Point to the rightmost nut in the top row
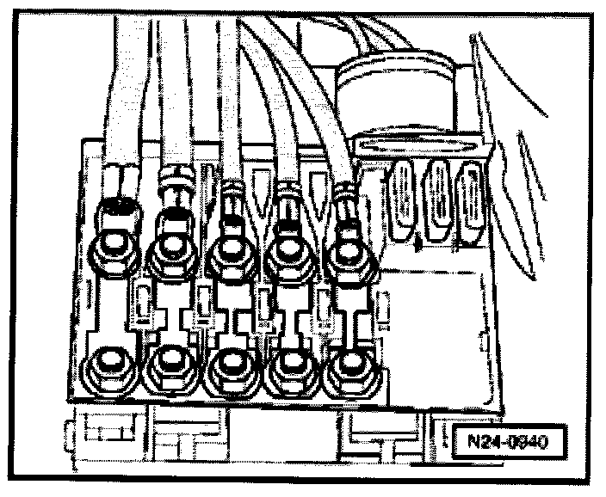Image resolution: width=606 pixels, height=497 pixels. (x=347, y=252)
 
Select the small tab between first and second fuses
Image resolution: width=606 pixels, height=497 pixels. (x=143, y=305)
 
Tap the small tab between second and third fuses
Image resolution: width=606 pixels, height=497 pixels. (x=202, y=308)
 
